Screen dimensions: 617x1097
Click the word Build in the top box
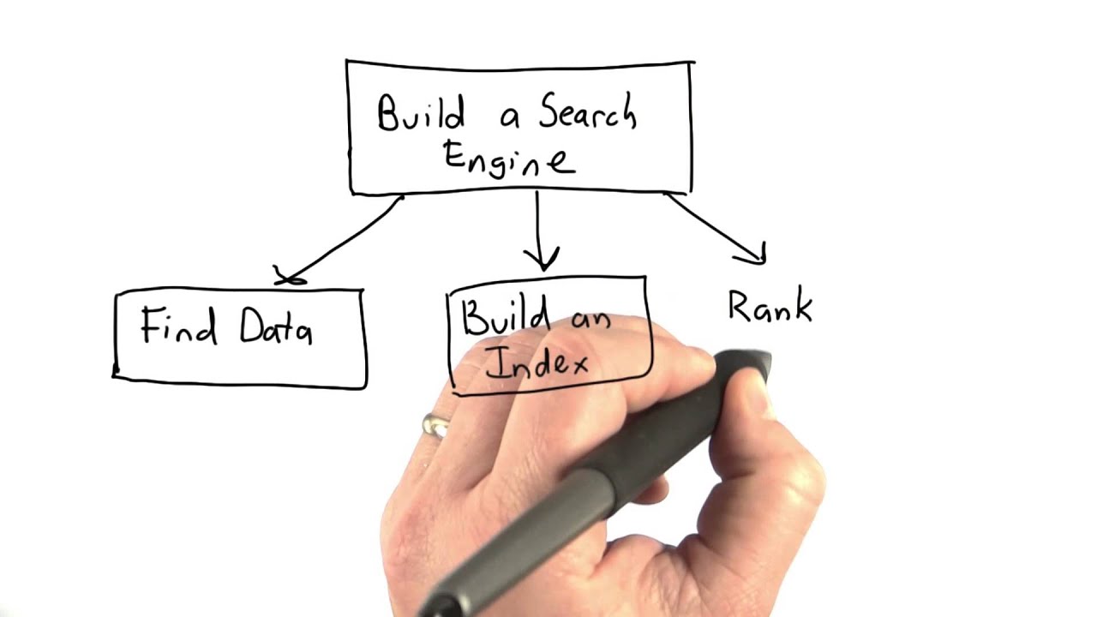coord(421,114)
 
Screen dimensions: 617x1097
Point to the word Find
coord(179,326)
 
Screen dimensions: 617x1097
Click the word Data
coord(275,328)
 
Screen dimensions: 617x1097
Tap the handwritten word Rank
coord(770,307)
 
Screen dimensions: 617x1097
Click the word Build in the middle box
coord(495,318)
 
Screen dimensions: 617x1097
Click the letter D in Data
coord(255,326)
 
